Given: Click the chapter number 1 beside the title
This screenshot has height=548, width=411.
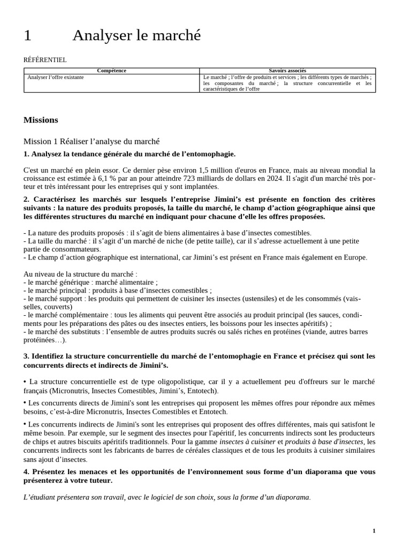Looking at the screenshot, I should [28, 35].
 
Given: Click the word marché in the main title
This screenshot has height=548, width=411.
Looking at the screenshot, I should [177, 35].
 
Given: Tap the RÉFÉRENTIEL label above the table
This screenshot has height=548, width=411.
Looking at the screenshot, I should [45, 60].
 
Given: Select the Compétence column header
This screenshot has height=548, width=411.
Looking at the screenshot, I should [112, 71].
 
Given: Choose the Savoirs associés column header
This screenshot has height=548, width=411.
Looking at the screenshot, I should [287, 71].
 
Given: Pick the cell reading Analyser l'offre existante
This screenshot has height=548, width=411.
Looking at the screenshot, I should [56, 77].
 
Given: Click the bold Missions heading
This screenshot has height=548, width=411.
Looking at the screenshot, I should [41, 120].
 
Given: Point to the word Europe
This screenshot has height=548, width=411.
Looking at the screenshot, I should [353, 257].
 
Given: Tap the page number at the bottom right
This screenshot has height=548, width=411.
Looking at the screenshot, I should [374, 531].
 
